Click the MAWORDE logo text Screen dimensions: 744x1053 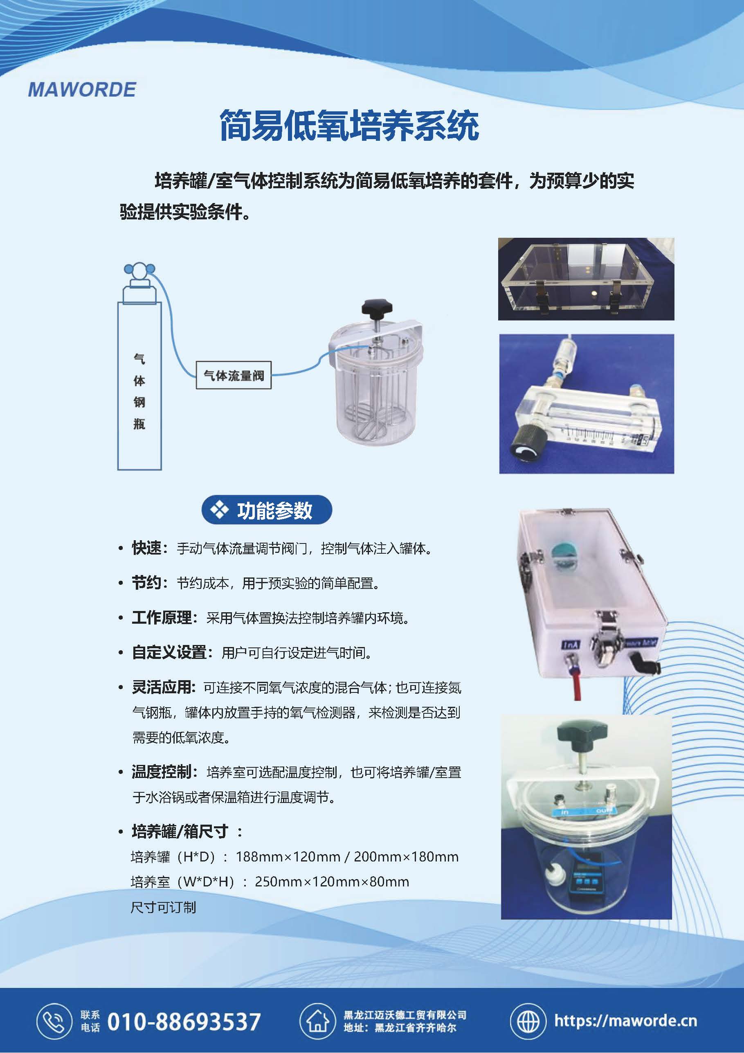coord(82,90)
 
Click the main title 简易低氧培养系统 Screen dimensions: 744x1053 coord(349,125)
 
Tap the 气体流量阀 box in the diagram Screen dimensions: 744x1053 coord(234,376)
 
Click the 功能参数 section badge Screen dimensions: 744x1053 coord(267,510)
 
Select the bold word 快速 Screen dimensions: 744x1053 coord(147,548)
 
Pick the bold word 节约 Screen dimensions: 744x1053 coord(147,582)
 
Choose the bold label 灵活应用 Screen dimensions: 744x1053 coord(162,687)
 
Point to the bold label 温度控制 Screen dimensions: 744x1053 coord(162,772)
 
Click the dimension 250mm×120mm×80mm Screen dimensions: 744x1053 coord(332,882)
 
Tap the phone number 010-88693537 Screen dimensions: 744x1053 coord(184,1022)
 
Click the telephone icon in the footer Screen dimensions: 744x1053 coord(54,1021)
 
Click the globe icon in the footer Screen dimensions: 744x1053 coord(528,1021)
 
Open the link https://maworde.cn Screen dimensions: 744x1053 coord(626,1021)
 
